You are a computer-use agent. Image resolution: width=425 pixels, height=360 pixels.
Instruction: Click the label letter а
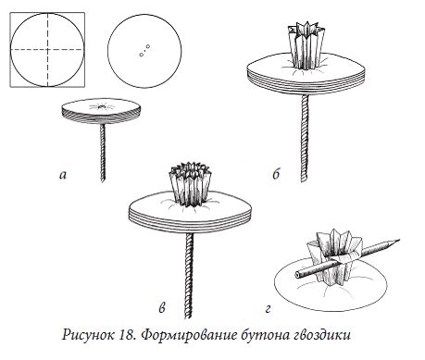point(63,176)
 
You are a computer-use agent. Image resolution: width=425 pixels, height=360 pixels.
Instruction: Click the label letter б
point(276,174)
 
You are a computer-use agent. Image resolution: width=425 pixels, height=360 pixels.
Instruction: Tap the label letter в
point(162,308)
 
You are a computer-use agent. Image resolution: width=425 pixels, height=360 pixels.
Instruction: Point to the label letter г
point(268,309)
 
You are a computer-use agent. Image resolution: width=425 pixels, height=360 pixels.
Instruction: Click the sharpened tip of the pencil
point(399,240)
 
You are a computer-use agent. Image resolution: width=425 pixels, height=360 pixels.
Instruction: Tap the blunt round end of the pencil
point(297,274)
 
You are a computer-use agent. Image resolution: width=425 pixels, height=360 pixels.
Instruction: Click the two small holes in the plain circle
point(144,51)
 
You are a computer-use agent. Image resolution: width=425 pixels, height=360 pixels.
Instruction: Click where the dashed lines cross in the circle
point(47,49)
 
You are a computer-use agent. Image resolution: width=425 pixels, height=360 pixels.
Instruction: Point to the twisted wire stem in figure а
point(103,153)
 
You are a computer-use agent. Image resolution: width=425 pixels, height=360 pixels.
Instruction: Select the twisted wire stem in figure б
point(305,138)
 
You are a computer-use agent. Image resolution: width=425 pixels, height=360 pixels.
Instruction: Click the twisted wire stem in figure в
point(189,276)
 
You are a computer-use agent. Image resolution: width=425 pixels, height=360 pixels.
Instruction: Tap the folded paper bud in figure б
point(306,45)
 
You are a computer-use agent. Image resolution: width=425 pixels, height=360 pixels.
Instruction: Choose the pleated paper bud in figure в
point(192,184)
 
